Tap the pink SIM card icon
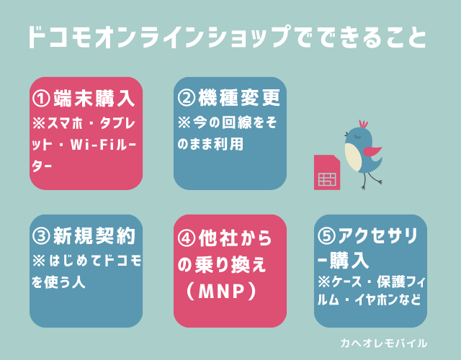(x=327, y=172)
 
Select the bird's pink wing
(x=372, y=151)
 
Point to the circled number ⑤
(x=328, y=236)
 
